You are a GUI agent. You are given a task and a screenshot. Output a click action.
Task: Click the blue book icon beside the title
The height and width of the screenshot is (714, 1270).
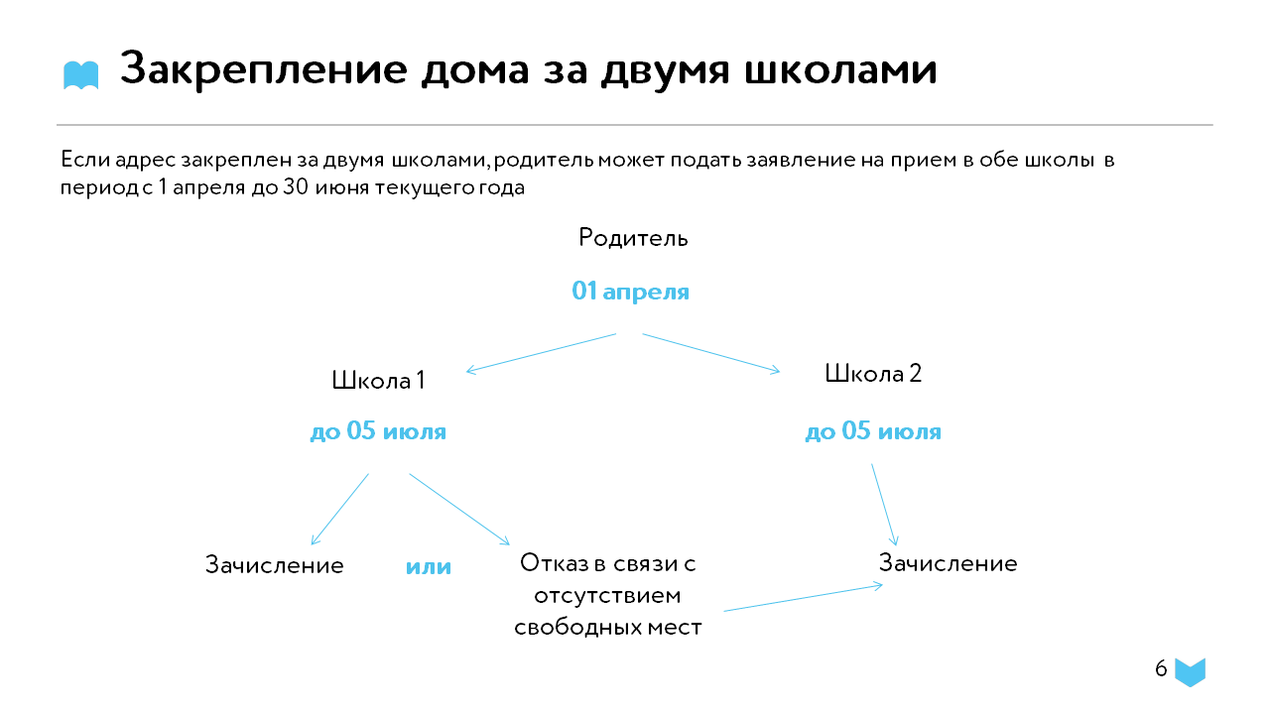tap(81, 75)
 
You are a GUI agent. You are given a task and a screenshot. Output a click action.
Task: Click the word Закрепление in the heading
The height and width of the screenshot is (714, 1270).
tap(264, 70)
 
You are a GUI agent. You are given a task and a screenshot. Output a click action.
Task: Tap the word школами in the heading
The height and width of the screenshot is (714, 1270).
tap(840, 70)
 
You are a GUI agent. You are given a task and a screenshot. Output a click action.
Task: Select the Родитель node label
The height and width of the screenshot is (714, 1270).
tap(633, 237)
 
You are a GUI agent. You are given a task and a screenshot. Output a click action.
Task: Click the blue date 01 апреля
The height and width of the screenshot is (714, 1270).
tap(630, 292)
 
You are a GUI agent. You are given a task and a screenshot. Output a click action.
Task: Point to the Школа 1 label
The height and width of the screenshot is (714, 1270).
tap(378, 380)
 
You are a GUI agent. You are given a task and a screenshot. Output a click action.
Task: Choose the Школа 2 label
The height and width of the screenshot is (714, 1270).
tap(873, 374)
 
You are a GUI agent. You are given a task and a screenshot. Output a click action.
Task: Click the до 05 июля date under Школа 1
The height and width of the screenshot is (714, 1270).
tap(378, 431)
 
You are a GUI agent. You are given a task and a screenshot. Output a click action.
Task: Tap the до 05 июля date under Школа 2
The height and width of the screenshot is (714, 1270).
tap(873, 431)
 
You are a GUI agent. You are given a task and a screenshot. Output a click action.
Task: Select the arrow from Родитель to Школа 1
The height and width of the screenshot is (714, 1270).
tap(541, 353)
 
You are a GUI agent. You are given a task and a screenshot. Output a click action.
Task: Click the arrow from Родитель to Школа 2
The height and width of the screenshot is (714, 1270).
tap(711, 353)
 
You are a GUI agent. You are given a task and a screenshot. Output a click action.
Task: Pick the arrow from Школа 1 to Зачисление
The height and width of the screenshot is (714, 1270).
tap(340, 510)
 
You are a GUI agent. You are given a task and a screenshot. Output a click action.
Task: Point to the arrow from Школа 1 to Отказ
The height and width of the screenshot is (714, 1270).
tap(459, 510)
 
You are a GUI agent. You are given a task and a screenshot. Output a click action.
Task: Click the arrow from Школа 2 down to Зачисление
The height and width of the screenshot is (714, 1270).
tap(884, 505)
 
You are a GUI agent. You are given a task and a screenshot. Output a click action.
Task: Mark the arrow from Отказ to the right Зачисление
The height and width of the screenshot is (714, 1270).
tap(804, 598)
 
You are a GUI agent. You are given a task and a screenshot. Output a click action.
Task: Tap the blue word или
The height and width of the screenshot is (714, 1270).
tap(429, 566)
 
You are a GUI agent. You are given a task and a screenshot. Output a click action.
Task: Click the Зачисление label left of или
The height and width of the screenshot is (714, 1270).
tap(275, 565)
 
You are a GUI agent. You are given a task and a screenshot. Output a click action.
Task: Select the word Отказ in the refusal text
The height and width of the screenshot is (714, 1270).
tap(555, 563)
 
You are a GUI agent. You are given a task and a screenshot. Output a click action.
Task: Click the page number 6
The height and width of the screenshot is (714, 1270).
tap(1161, 668)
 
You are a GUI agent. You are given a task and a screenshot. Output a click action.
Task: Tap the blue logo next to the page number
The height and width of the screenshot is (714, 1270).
tap(1190, 672)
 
